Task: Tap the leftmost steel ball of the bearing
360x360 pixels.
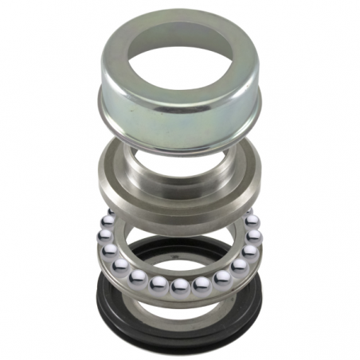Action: click(105, 237)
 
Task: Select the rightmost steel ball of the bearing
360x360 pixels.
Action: click(254, 237)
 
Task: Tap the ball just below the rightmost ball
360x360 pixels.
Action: click(250, 252)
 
